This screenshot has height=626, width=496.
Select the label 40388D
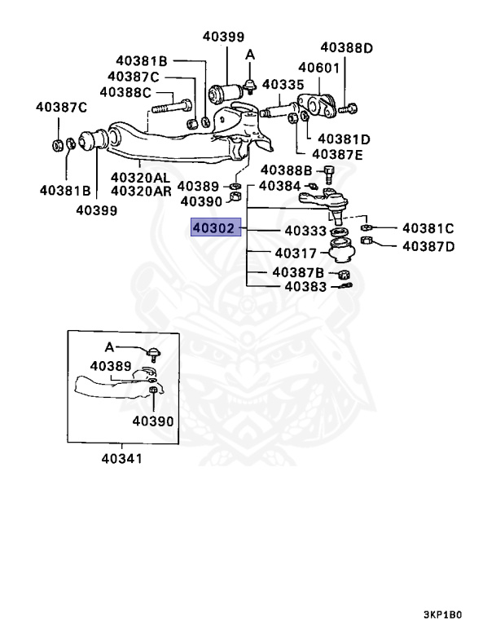pyautogui.click(x=346, y=47)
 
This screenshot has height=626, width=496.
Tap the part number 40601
pyautogui.click(x=318, y=68)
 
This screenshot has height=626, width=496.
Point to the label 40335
pyautogui.click(x=283, y=84)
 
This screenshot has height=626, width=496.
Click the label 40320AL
pyautogui.click(x=140, y=177)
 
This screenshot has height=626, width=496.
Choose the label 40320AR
pyautogui.click(x=141, y=191)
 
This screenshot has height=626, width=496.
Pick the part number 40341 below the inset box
pyautogui.click(x=121, y=458)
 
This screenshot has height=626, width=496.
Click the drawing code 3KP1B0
pyautogui.click(x=442, y=614)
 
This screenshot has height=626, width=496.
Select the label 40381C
pyautogui.click(x=428, y=228)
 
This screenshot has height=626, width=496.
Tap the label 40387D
pyautogui.click(x=428, y=246)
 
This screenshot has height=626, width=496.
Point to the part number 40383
pyautogui.click(x=305, y=286)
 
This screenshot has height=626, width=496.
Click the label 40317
pyautogui.click(x=296, y=253)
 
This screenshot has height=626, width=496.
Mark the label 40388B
pyautogui.click(x=286, y=170)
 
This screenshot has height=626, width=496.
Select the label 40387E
pyautogui.click(x=337, y=154)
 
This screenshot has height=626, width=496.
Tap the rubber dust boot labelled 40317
pyautogui.click(x=341, y=251)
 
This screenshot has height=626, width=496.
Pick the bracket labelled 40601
pyautogui.click(x=316, y=105)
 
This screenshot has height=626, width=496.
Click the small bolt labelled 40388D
pyautogui.click(x=348, y=108)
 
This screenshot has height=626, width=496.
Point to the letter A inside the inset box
pyautogui.click(x=109, y=347)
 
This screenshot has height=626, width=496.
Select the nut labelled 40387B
pyautogui.click(x=344, y=274)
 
